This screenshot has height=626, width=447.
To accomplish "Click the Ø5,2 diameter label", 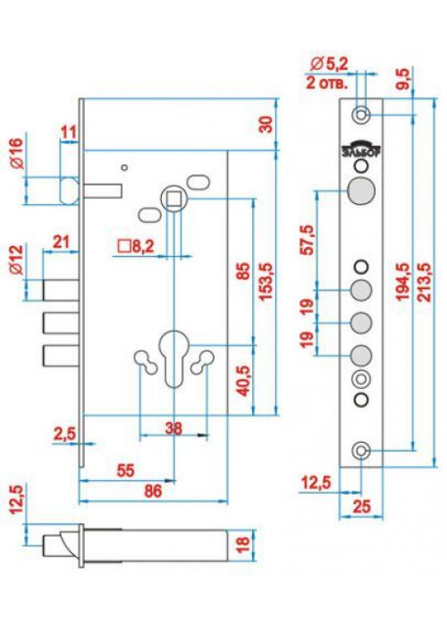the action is (330, 63).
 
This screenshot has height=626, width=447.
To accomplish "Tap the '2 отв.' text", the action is (327, 83).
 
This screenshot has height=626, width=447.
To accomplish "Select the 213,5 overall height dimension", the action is (426, 282).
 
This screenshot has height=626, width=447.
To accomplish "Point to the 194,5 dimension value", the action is (403, 282).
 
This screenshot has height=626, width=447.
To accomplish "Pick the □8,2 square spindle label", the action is (136, 247).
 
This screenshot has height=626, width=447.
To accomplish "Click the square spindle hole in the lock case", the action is (174, 198).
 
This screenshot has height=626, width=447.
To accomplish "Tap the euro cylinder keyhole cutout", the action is (173, 358).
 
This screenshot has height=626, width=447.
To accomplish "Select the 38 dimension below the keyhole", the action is (173, 428).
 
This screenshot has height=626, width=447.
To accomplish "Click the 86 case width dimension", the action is (153, 491).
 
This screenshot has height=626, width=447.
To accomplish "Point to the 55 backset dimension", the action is (125, 470).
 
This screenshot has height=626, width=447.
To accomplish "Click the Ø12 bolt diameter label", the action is (16, 260).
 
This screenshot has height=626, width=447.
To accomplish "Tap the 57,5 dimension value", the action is (308, 240).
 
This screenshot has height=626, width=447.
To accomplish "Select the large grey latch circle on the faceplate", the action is (361, 190).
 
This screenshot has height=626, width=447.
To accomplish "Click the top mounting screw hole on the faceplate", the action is (361, 114).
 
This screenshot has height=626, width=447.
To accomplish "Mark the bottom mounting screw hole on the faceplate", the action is (361, 451).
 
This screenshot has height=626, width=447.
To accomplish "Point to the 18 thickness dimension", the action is (243, 544).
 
